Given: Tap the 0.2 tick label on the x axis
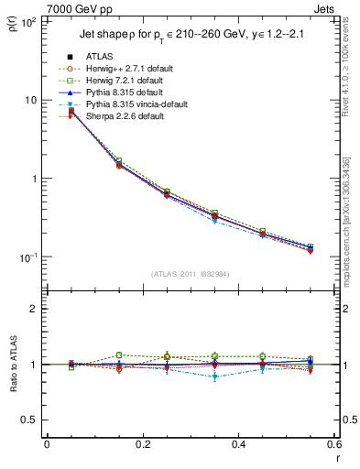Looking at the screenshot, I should click(142, 444).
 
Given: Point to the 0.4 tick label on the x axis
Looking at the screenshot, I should click(237, 444).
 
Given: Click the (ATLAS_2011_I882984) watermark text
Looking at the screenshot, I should click(190, 274).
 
